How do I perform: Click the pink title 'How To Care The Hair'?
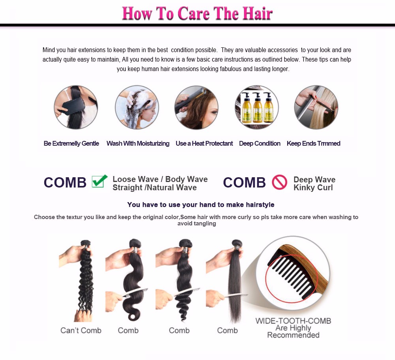coord(197,13)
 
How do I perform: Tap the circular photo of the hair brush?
coord(76,107)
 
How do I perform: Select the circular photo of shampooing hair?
coord(137,107)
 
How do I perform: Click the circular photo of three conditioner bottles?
coord(257,107)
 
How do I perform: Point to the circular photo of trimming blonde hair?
coord(316,107)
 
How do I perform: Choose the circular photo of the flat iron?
coord(196,107)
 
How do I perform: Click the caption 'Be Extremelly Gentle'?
coord(71,144)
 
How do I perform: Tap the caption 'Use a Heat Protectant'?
coord(204,144)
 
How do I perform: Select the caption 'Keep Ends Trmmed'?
coord(313,144)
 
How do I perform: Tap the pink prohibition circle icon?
coord(279,182)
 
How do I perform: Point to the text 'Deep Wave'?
coord(314,180)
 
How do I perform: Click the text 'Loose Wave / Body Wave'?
coord(160,179)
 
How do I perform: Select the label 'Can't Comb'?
coord(81,330)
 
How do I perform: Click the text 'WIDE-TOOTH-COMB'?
coord(293,321)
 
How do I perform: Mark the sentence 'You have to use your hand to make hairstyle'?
coord(201,204)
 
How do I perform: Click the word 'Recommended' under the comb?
coord(293,335)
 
